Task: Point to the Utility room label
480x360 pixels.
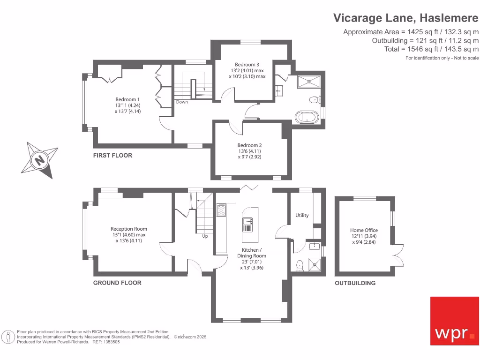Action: coord(302,215)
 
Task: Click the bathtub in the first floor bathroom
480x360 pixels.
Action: coord(307,117)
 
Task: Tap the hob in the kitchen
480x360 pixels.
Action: coord(221,210)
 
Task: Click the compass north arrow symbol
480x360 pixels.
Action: coord(40,160)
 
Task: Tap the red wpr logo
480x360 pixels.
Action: coord(455,321)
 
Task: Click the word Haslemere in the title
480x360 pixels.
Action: coord(449,18)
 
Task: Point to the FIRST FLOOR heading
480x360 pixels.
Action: coord(112,156)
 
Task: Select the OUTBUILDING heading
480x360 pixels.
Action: coord(355,283)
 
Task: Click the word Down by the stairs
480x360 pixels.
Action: coord(182,102)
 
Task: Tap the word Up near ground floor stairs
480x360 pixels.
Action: coord(205,236)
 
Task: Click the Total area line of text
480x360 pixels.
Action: coord(431,49)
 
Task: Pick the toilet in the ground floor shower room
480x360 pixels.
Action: coord(300,265)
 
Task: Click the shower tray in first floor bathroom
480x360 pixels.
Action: coord(309,82)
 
